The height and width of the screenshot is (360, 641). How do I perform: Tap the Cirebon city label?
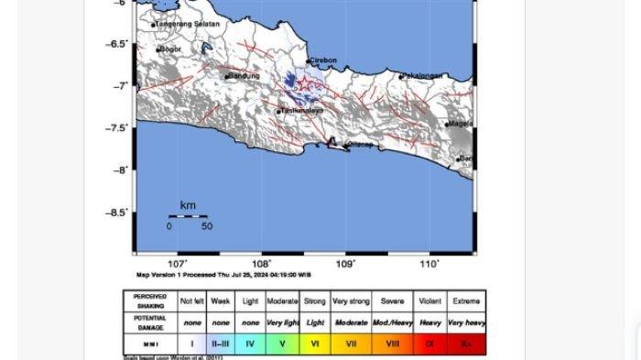coord(324,61)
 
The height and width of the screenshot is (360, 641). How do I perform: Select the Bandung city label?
coord(244,75)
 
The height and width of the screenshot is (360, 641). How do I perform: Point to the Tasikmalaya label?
coord(302,111)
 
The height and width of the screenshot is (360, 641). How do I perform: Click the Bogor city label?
coord(171,49)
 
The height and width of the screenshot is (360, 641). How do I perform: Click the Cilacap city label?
coord(360,145)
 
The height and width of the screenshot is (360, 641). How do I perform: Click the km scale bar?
coord(188,216)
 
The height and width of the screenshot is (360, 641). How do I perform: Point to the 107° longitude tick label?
coord(178,265)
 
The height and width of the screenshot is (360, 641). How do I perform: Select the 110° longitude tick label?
coord(429,265)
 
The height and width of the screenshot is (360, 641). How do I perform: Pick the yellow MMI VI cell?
coord(315,344)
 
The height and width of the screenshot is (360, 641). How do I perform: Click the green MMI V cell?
coord(282,344)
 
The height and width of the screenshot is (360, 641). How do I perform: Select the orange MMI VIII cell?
coord(392,344)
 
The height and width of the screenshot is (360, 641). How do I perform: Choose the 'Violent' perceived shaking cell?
coord(429,300)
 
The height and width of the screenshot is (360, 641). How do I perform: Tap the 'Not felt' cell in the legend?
coord(192,300)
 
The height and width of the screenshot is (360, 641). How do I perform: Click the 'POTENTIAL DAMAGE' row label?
coord(149,322)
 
